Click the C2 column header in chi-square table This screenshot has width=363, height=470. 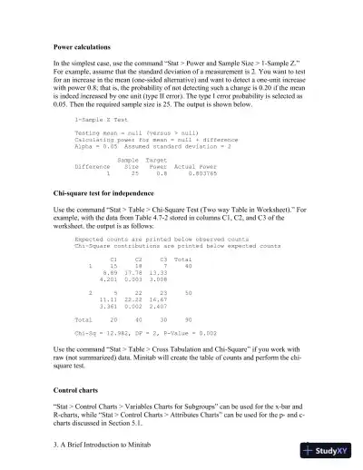pyautogui.click(x=138, y=259)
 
